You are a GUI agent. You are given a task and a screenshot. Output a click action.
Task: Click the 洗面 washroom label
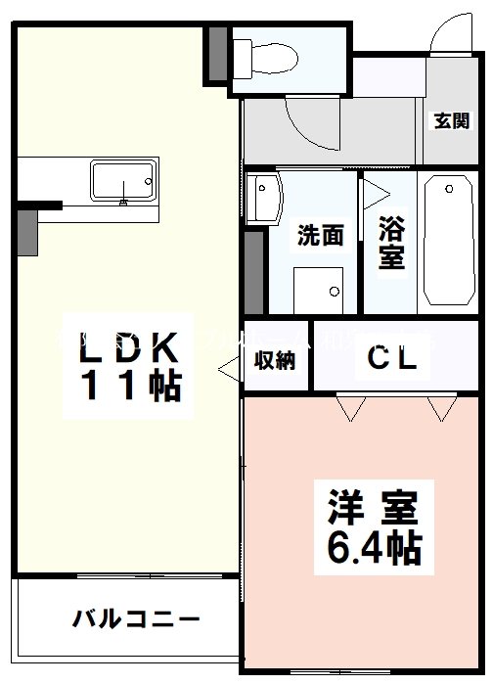320,236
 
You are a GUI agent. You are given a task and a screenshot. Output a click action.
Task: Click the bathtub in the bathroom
450,240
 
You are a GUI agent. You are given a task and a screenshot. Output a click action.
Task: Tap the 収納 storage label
276,359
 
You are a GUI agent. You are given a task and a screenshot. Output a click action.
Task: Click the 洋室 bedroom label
372,509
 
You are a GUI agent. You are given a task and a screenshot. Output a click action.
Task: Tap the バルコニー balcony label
136,620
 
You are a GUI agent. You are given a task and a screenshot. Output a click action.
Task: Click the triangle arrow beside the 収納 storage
230,370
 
